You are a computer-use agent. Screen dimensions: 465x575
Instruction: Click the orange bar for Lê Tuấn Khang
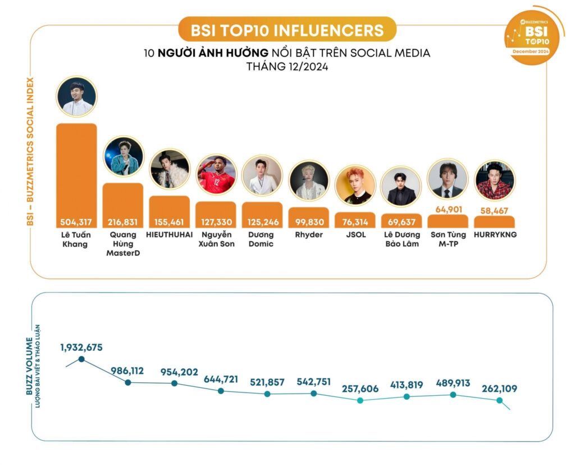pos(76,169)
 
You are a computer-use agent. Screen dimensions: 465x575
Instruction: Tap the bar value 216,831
pos(123,222)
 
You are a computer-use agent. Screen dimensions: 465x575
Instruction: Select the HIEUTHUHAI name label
pos(170,234)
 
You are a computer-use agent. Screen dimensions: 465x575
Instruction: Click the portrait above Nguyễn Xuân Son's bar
pos(216,175)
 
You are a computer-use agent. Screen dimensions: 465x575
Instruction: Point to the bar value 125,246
pos(262,222)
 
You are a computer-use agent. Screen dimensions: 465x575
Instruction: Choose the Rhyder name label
pos(309,234)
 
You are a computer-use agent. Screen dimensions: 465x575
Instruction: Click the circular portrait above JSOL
pos(355,185)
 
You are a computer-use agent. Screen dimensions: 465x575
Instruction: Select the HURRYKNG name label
pos(494,234)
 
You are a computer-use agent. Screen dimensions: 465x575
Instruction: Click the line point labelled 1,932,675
pos(82,359)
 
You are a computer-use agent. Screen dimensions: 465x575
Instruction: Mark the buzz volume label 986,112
pos(127,371)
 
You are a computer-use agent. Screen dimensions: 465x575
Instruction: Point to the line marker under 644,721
pos(221,391)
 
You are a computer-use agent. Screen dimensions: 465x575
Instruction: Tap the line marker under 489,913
pos(453,395)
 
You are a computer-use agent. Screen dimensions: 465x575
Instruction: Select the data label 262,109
pos(499,389)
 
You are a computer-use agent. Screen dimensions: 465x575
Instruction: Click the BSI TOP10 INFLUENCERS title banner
pos(287,29)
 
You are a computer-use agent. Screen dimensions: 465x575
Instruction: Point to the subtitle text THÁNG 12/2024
pos(287,66)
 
